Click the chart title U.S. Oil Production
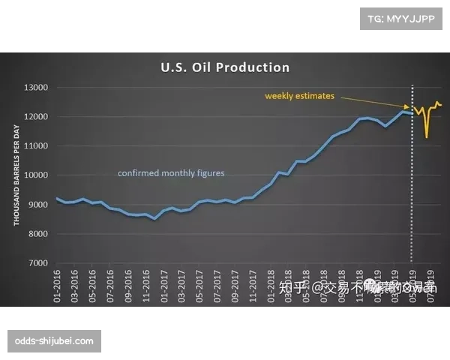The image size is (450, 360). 225,67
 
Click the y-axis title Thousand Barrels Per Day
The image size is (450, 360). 16,175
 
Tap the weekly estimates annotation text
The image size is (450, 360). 299,96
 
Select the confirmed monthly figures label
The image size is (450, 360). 171,173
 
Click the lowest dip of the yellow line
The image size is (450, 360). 427,137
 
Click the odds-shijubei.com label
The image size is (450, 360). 54,341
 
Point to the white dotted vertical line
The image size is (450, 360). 411,187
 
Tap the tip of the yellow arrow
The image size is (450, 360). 409,109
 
